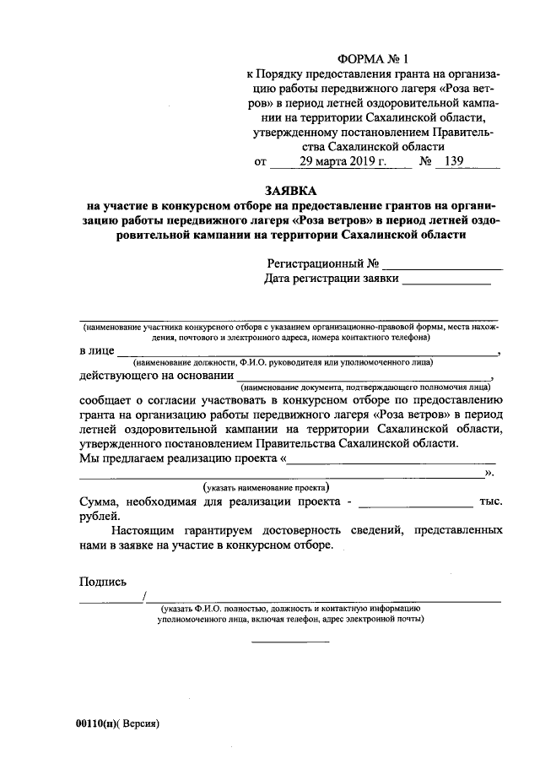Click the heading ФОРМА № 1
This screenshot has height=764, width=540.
click(x=371, y=59)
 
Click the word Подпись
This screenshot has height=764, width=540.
click(x=102, y=582)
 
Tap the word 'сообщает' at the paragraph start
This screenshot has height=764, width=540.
click(x=106, y=400)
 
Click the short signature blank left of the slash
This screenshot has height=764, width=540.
click(x=111, y=601)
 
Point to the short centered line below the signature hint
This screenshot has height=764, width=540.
click(x=291, y=641)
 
